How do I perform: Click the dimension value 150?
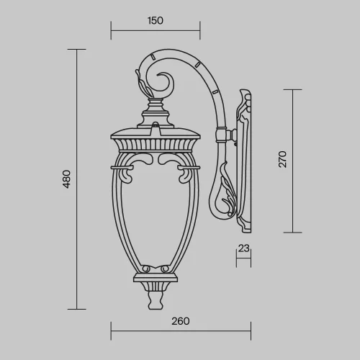click(155, 21)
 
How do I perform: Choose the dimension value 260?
click(181, 321)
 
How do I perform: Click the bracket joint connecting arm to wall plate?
click(230, 135)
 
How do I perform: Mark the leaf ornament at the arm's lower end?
click(225, 198)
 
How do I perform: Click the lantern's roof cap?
click(154, 133)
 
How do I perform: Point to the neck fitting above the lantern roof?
click(155, 112)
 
